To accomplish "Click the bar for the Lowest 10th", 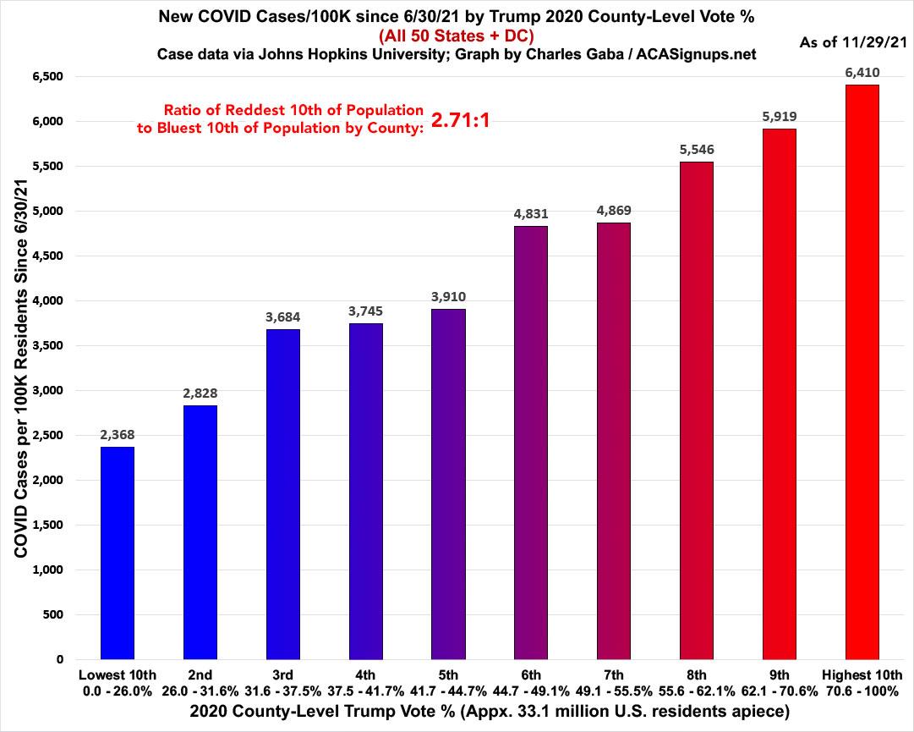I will [x=117, y=553].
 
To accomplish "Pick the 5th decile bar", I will [x=448, y=484].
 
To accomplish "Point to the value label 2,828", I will [x=200, y=394].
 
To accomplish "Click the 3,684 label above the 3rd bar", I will [x=282, y=317].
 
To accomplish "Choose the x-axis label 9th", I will [x=780, y=674].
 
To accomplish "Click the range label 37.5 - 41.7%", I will [x=365, y=691].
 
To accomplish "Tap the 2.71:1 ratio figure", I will [x=461, y=120].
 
